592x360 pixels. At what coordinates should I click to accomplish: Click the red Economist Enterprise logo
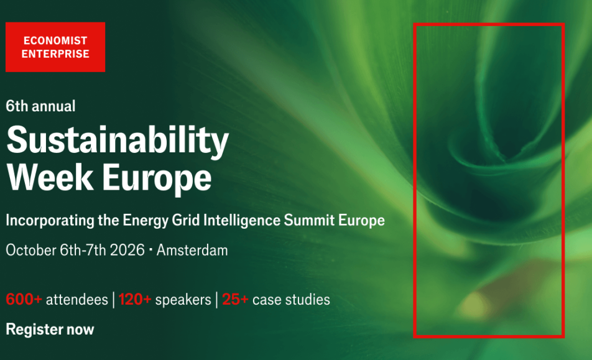[x=55, y=47]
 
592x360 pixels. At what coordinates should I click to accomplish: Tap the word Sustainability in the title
[x=118, y=141]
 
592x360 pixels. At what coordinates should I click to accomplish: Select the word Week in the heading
[x=50, y=177]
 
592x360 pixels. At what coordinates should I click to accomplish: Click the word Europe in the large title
[x=157, y=180]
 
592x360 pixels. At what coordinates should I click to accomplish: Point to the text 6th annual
[x=40, y=106]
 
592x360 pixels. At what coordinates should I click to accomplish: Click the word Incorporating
[x=50, y=220]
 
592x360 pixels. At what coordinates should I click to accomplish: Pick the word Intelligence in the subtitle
[x=242, y=220]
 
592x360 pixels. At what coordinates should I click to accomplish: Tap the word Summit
[x=309, y=220]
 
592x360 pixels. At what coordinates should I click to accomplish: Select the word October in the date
[x=31, y=250]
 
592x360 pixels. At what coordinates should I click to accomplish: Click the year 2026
[x=127, y=250]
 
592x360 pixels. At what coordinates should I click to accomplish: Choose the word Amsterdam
[x=192, y=250]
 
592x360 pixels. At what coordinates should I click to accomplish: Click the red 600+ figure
[x=24, y=299]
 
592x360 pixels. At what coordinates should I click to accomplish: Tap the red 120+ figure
[x=135, y=299]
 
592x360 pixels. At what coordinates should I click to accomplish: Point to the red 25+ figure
[x=235, y=299]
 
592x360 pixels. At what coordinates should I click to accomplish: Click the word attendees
[x=77, y=300]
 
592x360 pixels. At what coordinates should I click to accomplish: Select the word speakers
[x=183, y=300]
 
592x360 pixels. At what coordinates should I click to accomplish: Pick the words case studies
[x=291, y=300]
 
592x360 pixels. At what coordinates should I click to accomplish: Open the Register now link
[x=50, y=330]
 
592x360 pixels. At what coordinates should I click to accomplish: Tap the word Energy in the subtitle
[x=146, y=221]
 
